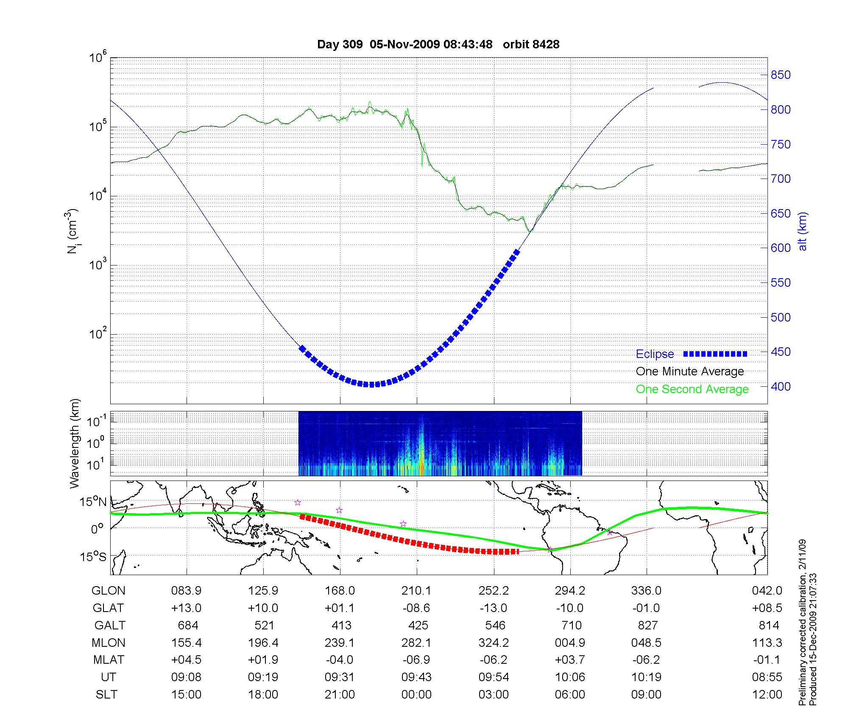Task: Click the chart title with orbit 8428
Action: tap(438, 45)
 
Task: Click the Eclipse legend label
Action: tap(655, 354)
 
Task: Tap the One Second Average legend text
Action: tap(692, 389)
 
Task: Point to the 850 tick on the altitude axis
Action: tap(781, 75)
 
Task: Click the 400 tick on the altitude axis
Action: tap(781, 386)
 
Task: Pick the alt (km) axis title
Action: tap(803, 231)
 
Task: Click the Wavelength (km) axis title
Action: tap(75, 443)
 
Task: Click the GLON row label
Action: tap(109, 591)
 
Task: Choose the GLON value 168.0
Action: tap(340, 591)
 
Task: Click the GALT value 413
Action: tap(341, 625)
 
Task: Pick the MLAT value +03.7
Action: tap(570, 660)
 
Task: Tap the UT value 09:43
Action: tap(416, 677)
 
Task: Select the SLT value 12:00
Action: tap(767, 695)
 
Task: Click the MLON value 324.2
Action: tap(494, 643)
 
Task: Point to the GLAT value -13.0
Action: tap(494, 608)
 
